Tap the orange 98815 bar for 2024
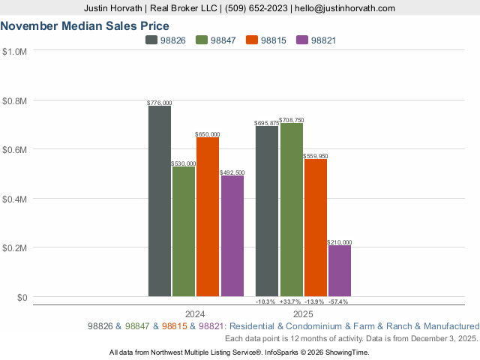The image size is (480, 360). click(x=208, y=217)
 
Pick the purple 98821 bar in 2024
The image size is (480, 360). click(x=232, y=235)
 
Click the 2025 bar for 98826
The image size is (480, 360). click(x=267, y=211)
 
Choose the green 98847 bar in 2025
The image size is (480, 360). click(x=291, y=209)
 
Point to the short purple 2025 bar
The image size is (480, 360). click(x=339, y=271)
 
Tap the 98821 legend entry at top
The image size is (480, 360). click(x=316, y=40)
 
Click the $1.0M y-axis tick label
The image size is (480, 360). click(x=14, y=52)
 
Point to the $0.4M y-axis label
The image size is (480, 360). click(x=14, y=199)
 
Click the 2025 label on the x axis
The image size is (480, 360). click(x=303, y=313)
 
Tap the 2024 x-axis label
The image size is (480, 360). click(x=195, y=313)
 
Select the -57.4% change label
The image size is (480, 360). click(x=339, y=301)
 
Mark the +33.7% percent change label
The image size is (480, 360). click(x=291, y=301)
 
